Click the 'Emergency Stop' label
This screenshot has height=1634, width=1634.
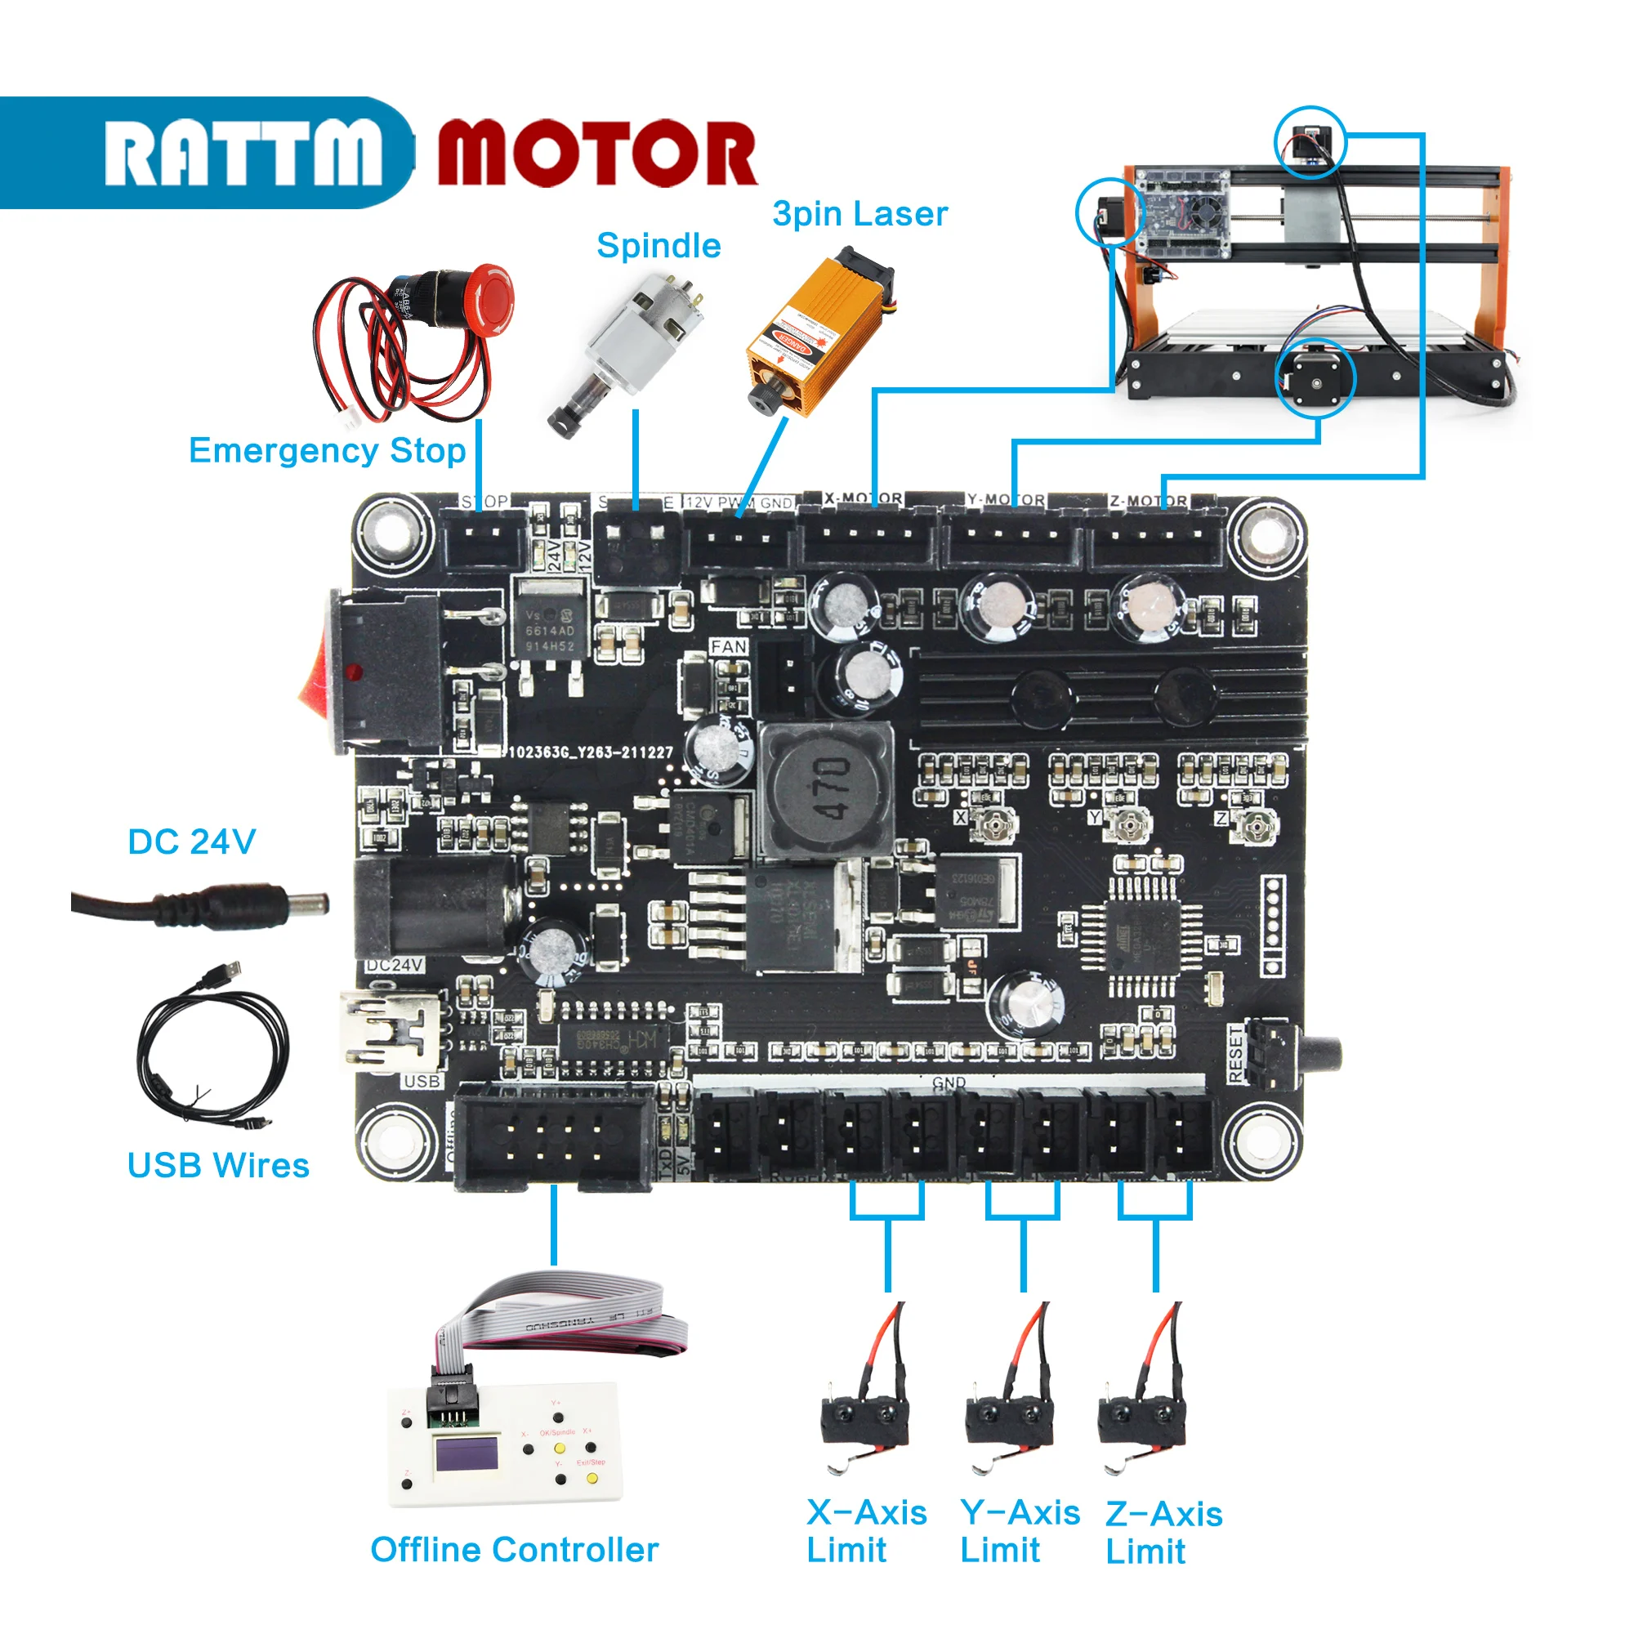(327, 451)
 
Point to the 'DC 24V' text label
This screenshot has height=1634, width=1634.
(191, 842)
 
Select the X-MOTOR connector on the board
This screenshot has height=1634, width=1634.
(867, 542)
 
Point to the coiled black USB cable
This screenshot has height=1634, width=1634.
(212, 1053)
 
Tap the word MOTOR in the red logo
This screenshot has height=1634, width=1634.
(597, 152)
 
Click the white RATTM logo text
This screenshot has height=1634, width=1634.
(243, 152)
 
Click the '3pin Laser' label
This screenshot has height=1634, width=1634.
(859, 214)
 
